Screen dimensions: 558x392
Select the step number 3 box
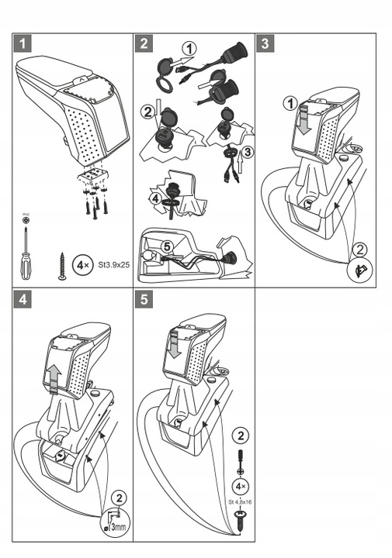tap(266, 43)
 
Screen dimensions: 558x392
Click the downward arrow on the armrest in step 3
tap(305, 122)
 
